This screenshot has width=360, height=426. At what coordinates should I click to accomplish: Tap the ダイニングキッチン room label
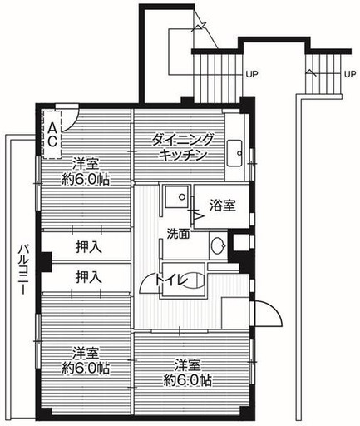183,146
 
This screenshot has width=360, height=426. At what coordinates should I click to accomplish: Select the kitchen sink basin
234,153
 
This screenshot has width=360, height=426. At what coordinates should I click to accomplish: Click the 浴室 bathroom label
222,206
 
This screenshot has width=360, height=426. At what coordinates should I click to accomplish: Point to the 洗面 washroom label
178,234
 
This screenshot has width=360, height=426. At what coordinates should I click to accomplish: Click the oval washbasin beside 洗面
218,245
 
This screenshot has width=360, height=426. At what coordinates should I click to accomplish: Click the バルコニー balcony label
23,269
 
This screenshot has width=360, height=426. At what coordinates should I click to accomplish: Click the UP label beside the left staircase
252,74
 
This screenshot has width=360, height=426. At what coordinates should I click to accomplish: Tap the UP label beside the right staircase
350,74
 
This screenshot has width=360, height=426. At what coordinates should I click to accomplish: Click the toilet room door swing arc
144,280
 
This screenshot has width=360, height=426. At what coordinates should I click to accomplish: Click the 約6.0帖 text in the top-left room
86,180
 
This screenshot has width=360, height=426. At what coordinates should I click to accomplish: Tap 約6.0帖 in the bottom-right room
187,380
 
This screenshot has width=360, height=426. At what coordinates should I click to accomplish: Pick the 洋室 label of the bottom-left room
86,354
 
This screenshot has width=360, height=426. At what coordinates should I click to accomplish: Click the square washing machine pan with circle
177,196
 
